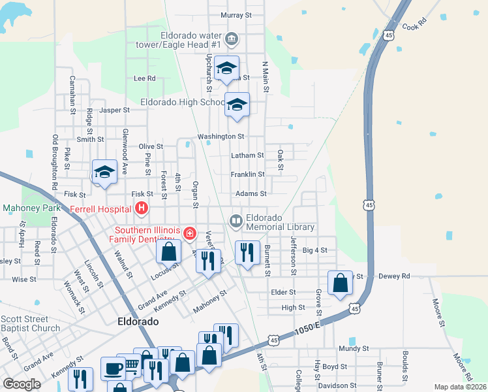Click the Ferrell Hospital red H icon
point(142,209)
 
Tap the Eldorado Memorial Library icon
point(236,221)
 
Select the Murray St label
point(236,15)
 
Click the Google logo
point(22,384)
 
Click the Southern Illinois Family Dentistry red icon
point(189,233)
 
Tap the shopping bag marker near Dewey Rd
point(340,283)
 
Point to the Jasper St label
point(115,110)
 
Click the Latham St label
point(247,155)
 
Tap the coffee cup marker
point(112,368)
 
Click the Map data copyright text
point(461,387)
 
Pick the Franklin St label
point(247,174)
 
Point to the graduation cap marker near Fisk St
point(104,172)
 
